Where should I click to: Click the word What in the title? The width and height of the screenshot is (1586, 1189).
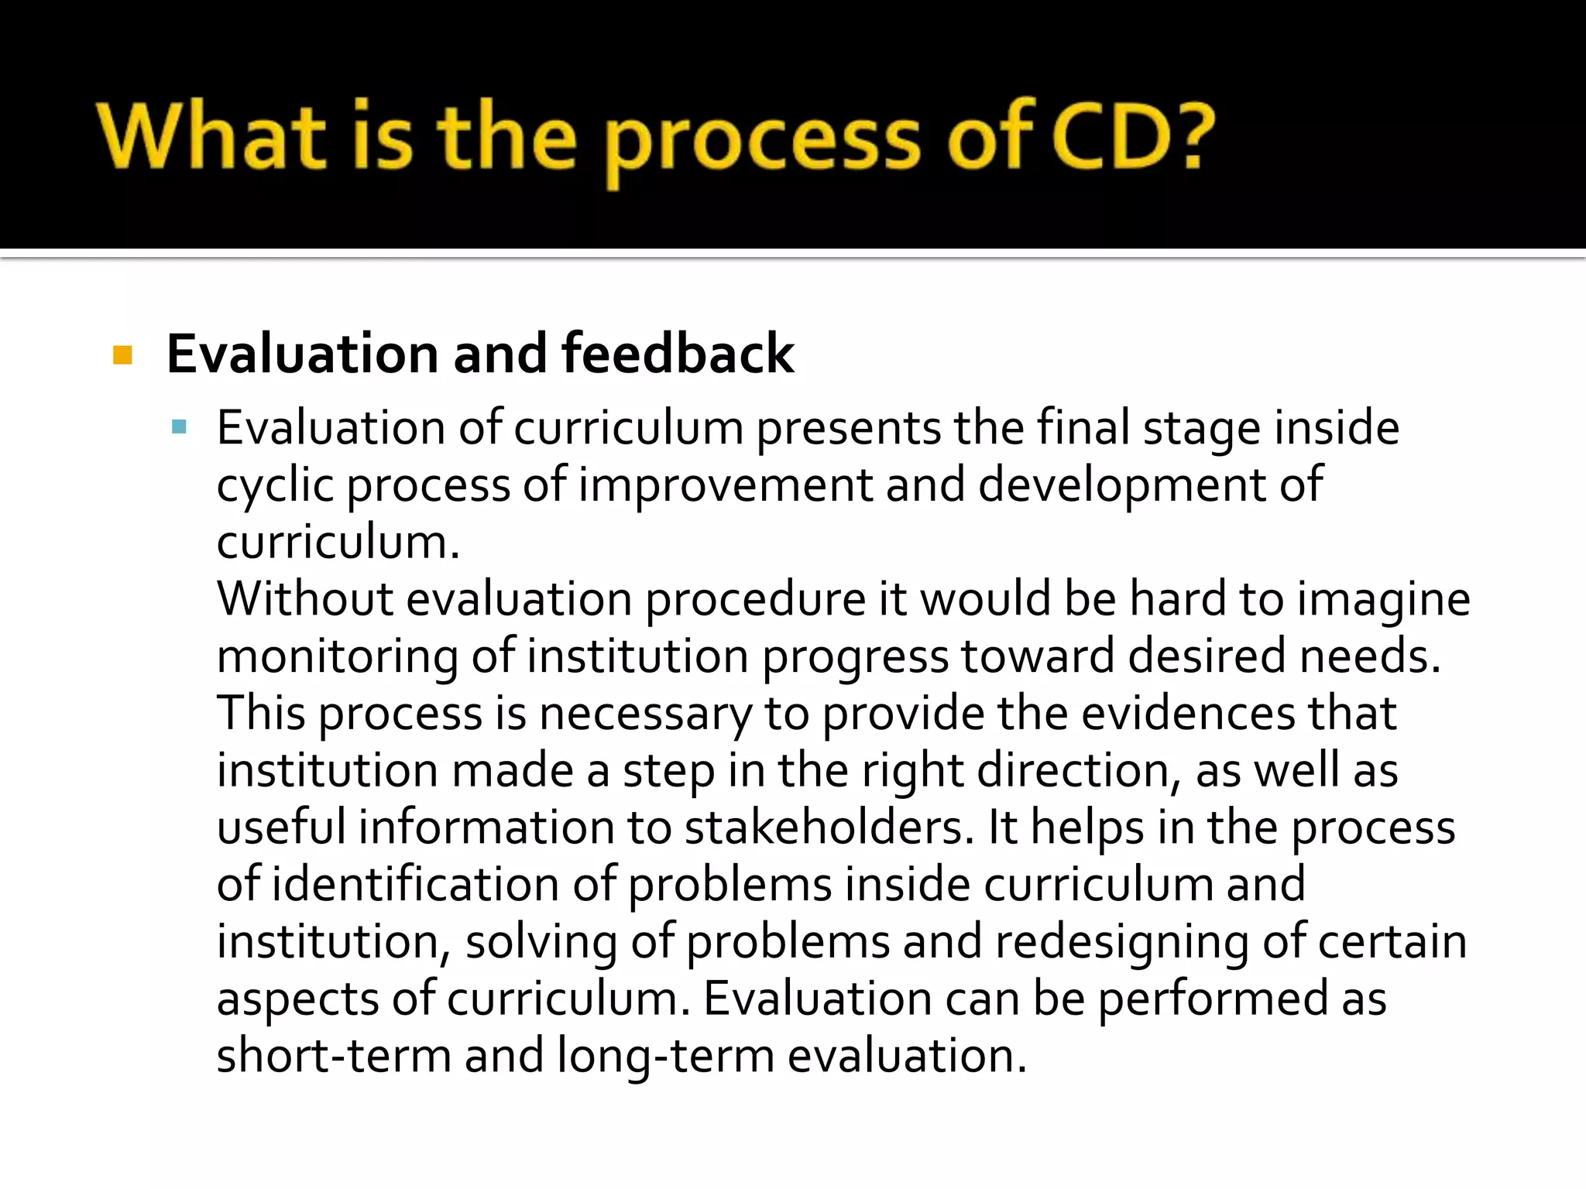tap(211, 138)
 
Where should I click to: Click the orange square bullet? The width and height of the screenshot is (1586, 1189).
tap(122, 355)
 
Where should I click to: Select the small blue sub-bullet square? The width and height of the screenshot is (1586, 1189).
tap(180, 427)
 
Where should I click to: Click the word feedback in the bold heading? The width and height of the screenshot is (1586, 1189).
tap(678, 354)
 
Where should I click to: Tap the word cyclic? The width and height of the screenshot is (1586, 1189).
tap(275, 485)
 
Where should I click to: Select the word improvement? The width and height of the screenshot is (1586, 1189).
tap(726, 485)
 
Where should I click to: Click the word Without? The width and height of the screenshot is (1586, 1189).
tap(305, 599)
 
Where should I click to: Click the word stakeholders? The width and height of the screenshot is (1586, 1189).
tap(829, 828)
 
